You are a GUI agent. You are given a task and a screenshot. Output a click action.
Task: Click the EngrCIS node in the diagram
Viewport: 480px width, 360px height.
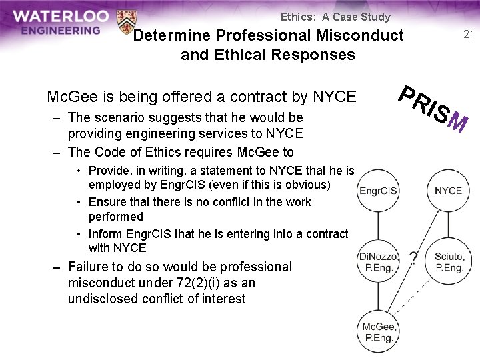(x=379, y=191)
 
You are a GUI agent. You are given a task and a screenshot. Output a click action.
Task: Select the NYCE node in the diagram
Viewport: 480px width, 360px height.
(x=448, y=191)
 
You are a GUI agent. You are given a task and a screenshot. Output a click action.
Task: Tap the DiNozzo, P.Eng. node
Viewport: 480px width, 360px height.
(x=379, y=261)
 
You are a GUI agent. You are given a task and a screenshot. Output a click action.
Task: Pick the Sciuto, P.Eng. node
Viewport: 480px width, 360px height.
(x=448, y=261)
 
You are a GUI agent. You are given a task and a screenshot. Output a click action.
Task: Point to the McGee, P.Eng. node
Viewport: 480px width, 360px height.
(x=379, y=331)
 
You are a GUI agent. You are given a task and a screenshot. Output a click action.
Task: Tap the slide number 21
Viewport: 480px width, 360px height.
(x=469, y=35)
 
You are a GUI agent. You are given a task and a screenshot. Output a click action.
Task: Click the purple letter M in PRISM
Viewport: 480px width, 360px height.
(x=457, y=122)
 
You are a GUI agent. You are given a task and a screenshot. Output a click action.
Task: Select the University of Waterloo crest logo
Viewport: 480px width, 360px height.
(x=125, y=22)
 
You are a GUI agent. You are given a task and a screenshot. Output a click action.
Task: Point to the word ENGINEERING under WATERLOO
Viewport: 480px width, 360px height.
(x=60, y=30)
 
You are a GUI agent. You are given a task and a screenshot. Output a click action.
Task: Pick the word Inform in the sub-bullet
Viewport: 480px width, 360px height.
(x=105, y=234)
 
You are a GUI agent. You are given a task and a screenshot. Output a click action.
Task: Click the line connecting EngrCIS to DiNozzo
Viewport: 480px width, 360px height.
(x=379, y=225)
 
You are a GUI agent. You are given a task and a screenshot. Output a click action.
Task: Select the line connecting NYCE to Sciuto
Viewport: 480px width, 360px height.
(x=448, y=225)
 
